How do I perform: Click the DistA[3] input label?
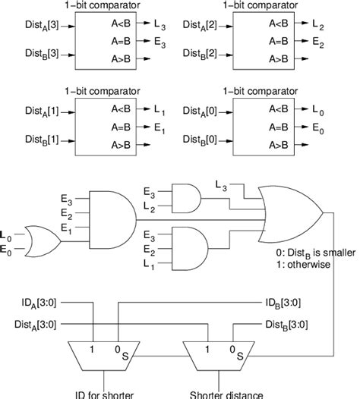pos(42,26)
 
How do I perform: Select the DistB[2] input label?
pos(200,54)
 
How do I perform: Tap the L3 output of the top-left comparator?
pos(159,25)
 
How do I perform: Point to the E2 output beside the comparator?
pos(318,42)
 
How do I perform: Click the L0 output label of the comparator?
pos(318,111)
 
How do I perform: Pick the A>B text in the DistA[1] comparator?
pos(121,145)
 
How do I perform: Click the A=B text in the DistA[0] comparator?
pos(279,127)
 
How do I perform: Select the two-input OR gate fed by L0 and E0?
pos(43,241)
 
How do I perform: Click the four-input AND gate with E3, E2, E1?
pos(112,220)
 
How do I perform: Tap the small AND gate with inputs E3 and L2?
pos(186,198)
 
